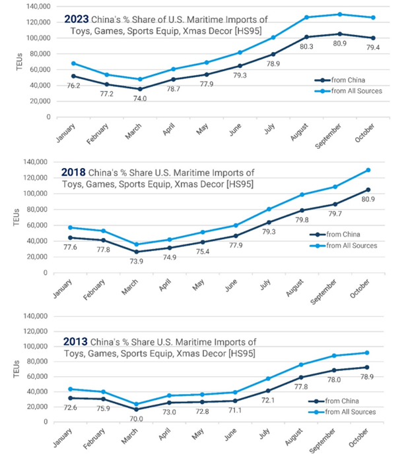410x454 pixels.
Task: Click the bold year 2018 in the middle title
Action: (74, 173)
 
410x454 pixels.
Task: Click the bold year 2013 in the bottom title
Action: (76, 341)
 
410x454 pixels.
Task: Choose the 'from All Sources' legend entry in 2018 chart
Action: (351, 246)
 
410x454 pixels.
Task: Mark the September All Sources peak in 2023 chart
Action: (340, 14)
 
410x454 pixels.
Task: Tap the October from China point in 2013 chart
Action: (367, 367)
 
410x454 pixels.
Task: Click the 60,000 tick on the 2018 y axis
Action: (40, 225)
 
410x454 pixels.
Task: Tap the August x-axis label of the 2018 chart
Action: (302, 290)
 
